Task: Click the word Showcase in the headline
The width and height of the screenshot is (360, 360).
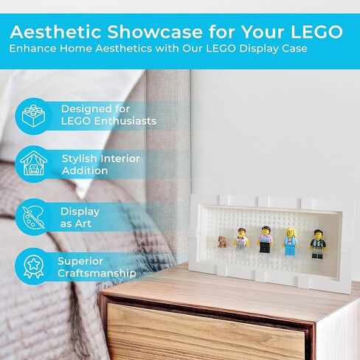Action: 155,32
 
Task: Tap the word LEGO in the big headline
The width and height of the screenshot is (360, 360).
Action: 316,32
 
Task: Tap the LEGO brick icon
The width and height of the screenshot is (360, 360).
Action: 33,116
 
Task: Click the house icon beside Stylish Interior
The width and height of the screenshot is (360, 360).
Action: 34,164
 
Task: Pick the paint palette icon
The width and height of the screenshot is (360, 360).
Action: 33,217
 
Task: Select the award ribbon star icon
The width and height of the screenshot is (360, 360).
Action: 33,266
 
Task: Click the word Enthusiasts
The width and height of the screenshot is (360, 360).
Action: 125,121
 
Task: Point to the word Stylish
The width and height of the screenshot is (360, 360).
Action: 79,159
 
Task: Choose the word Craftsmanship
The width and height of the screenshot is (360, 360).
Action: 97,274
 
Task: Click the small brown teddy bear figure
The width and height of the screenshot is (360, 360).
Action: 222,241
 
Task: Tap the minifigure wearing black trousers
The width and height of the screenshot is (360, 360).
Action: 265,240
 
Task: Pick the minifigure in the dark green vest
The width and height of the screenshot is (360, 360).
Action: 317,244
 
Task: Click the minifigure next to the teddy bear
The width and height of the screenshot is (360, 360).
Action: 241,238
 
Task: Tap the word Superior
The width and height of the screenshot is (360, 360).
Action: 80,261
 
